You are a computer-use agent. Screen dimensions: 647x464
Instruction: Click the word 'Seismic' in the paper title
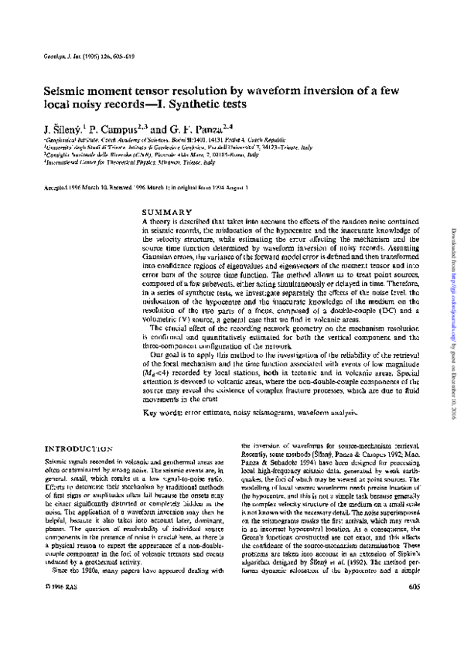pyautogui.click(x=64, y=90)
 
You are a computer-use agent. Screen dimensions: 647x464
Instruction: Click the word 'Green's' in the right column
pyautogui.click(x=256, y=553)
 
